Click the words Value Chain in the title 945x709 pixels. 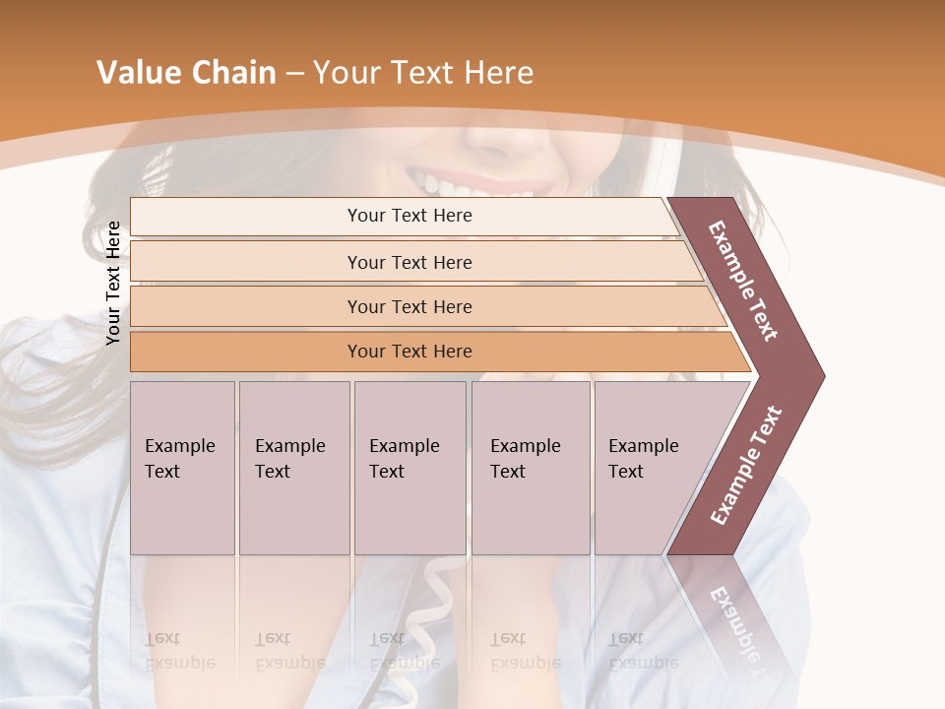pos(186,73)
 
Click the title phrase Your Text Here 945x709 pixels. pos(423,73)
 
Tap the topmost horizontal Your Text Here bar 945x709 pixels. pos(409,216)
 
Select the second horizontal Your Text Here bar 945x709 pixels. pos(409,262)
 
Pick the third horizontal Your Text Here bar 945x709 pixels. pos(409,306)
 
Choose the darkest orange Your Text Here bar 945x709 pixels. pos(409,352)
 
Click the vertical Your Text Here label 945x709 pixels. pos(113,283)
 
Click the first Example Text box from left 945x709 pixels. pos(182,468)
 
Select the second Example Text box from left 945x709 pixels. pos(293,468)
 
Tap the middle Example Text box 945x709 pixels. pos(409,468)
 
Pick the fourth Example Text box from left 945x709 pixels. pos(530,468)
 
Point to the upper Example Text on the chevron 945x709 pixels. pos(743,281)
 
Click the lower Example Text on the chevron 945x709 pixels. pos(746,466)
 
